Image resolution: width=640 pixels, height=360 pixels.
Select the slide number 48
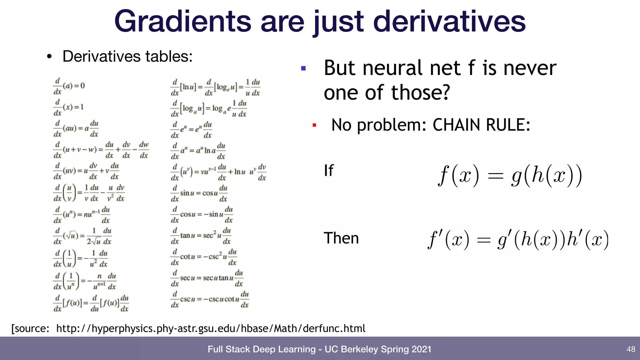(x=631, y=349)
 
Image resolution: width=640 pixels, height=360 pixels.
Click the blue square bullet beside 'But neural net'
(x=303, y=68)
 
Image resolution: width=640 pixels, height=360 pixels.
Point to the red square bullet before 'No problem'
(x=314, y=125)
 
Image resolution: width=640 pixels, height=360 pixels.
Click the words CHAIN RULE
(x=481, y=125)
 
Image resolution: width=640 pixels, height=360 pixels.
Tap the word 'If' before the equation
(x=328, y=171)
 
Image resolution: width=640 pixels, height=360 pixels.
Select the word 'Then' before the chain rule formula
(x=341, y=238)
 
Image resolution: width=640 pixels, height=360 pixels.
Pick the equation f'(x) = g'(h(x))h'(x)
(x=518, y=240)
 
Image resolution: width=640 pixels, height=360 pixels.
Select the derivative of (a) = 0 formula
(x=69, y=86)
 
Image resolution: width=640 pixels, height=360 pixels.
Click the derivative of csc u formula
(x=210, y=299)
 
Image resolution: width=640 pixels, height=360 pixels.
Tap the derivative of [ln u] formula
(x=215, y=87)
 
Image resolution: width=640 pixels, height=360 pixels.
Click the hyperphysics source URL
(x=211, y=328)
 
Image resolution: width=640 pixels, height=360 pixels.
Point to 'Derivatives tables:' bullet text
(x=127, y=57)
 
